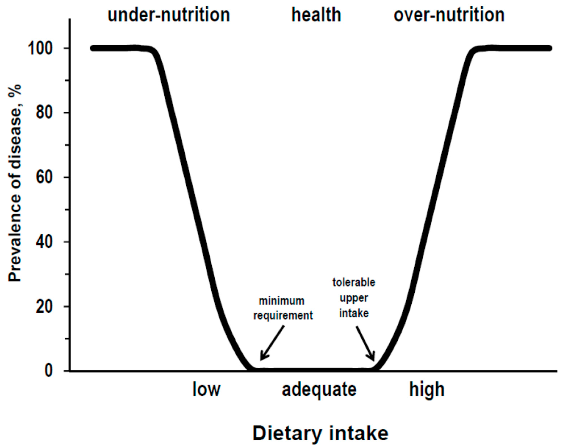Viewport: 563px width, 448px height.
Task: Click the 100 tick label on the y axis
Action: coord(40,49)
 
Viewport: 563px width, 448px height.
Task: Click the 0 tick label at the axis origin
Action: coord(49,371)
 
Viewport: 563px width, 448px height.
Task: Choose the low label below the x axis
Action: coord(206,389)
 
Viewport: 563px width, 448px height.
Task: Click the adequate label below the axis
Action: coord(319,390)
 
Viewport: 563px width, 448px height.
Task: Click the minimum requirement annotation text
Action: coord(283,308)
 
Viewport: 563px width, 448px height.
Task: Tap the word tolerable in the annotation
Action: coord(354,282)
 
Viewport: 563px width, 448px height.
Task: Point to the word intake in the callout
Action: coord(354,313)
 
